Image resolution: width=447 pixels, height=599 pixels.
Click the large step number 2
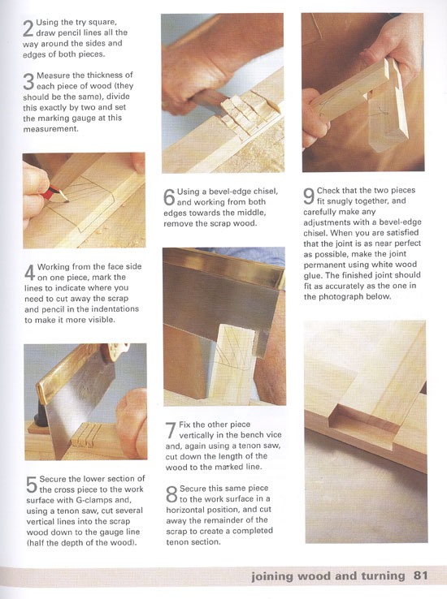(28, 28)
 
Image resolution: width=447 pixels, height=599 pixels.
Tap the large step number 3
(28, 81)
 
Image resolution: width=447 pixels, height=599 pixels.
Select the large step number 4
(30, 273)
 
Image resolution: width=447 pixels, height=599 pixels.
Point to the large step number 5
(32, 485)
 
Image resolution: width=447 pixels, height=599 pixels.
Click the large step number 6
(169, 197)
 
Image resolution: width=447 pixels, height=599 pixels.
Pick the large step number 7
(171, 430)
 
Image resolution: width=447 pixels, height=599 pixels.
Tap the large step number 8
(171, 494)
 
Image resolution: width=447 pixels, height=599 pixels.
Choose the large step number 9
(309, 196)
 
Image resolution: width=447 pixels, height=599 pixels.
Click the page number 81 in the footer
(420, 575)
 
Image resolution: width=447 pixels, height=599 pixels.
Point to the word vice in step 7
(273, 435)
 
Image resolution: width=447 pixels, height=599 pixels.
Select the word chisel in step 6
(266, 191)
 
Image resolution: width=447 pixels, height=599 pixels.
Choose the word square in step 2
(102, 23)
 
